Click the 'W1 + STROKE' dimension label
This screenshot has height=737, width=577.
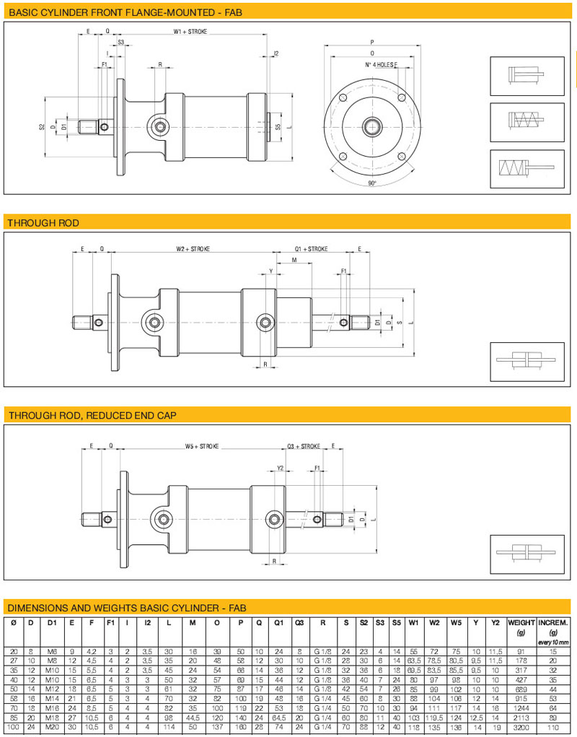(190, 32)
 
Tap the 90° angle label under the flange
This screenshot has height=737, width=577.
(372, 183)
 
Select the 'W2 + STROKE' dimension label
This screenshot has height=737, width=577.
(193, 249)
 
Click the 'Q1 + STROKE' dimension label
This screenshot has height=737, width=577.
(312, 249)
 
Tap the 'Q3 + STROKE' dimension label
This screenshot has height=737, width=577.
(304, 446)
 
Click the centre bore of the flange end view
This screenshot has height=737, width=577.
(372, 126)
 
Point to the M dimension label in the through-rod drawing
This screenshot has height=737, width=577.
(294, 260)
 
